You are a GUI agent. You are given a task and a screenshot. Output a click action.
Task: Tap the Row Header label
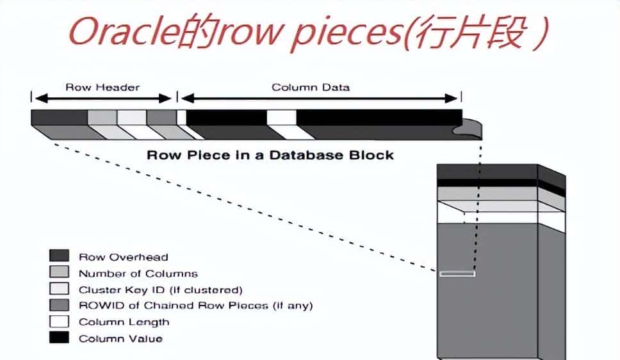pos(102,87)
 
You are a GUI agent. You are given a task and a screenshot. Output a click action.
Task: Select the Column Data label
pos(311,87)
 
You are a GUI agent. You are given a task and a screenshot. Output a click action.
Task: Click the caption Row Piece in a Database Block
pos(270,155)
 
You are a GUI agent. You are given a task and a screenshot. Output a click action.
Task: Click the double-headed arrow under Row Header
pos(102,98)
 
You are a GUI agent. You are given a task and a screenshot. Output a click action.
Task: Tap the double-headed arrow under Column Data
pos(320,98)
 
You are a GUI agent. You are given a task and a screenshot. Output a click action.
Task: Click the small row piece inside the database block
pos(457,274)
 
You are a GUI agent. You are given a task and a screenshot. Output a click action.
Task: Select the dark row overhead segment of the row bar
pos(59,117)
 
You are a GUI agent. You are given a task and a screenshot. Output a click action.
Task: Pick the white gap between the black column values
pos(281,117)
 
